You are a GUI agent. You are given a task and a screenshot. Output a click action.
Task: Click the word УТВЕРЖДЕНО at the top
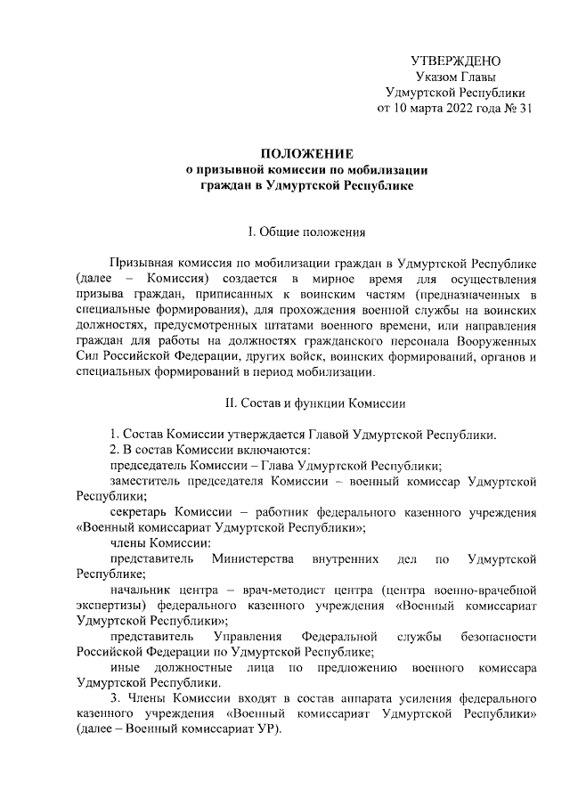click(x=454, y=61)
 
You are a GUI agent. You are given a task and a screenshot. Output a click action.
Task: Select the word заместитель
click(x=146, y=482)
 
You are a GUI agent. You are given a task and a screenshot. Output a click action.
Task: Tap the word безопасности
click(x=493, y=639)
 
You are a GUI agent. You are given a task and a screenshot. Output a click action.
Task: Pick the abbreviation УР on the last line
click(x=262, y=736)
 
